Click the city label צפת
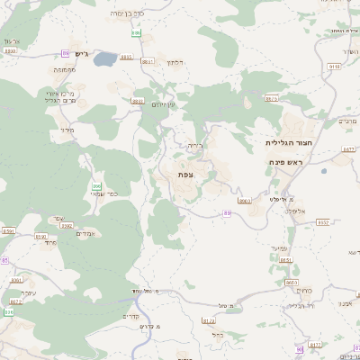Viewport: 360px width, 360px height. (x=185, y=174)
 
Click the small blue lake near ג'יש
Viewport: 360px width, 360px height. (x=104, y=59)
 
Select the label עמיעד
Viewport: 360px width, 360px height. (x=279, y=247)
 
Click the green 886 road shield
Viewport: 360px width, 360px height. (x=136, y=33)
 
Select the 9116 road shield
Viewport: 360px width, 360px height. (x=335, y=66)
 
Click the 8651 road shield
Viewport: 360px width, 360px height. (x=286, y=260)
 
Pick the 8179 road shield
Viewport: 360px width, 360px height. (x=209, y=319)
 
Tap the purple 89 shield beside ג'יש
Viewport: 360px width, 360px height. (x=65, y=53)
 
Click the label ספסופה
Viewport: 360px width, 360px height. (x=63, y=69)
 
